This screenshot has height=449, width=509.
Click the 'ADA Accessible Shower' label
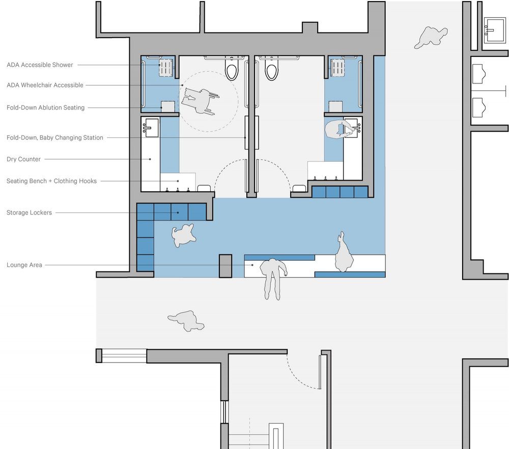pos(40,65)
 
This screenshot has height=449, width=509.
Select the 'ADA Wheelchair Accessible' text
pos(45,85)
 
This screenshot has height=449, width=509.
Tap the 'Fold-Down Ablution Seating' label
pos(45,108)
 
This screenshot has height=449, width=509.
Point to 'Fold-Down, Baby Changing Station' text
pos(55,137)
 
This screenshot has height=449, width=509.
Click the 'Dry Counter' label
pos(24,159)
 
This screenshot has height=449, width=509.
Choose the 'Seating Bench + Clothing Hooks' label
pos(51,181)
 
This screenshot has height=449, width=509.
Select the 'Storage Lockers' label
pos(29,213)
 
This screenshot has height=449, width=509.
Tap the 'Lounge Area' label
pos(24,265)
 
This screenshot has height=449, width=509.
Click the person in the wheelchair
pos(200,101)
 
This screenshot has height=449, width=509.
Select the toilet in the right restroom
pos(271,69)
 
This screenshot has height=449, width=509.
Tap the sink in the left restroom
pos(151,128)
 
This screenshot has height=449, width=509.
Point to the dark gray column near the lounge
pos(225,266)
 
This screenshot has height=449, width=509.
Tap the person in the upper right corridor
pos(431,37)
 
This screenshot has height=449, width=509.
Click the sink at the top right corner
pos(495,30)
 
